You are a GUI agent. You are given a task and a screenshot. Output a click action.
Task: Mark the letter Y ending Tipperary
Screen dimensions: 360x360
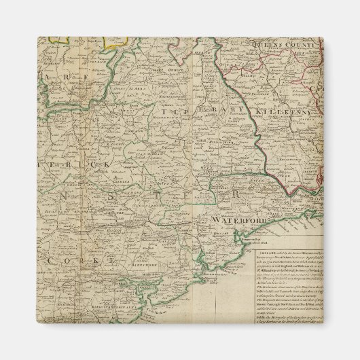coord(240,109)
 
